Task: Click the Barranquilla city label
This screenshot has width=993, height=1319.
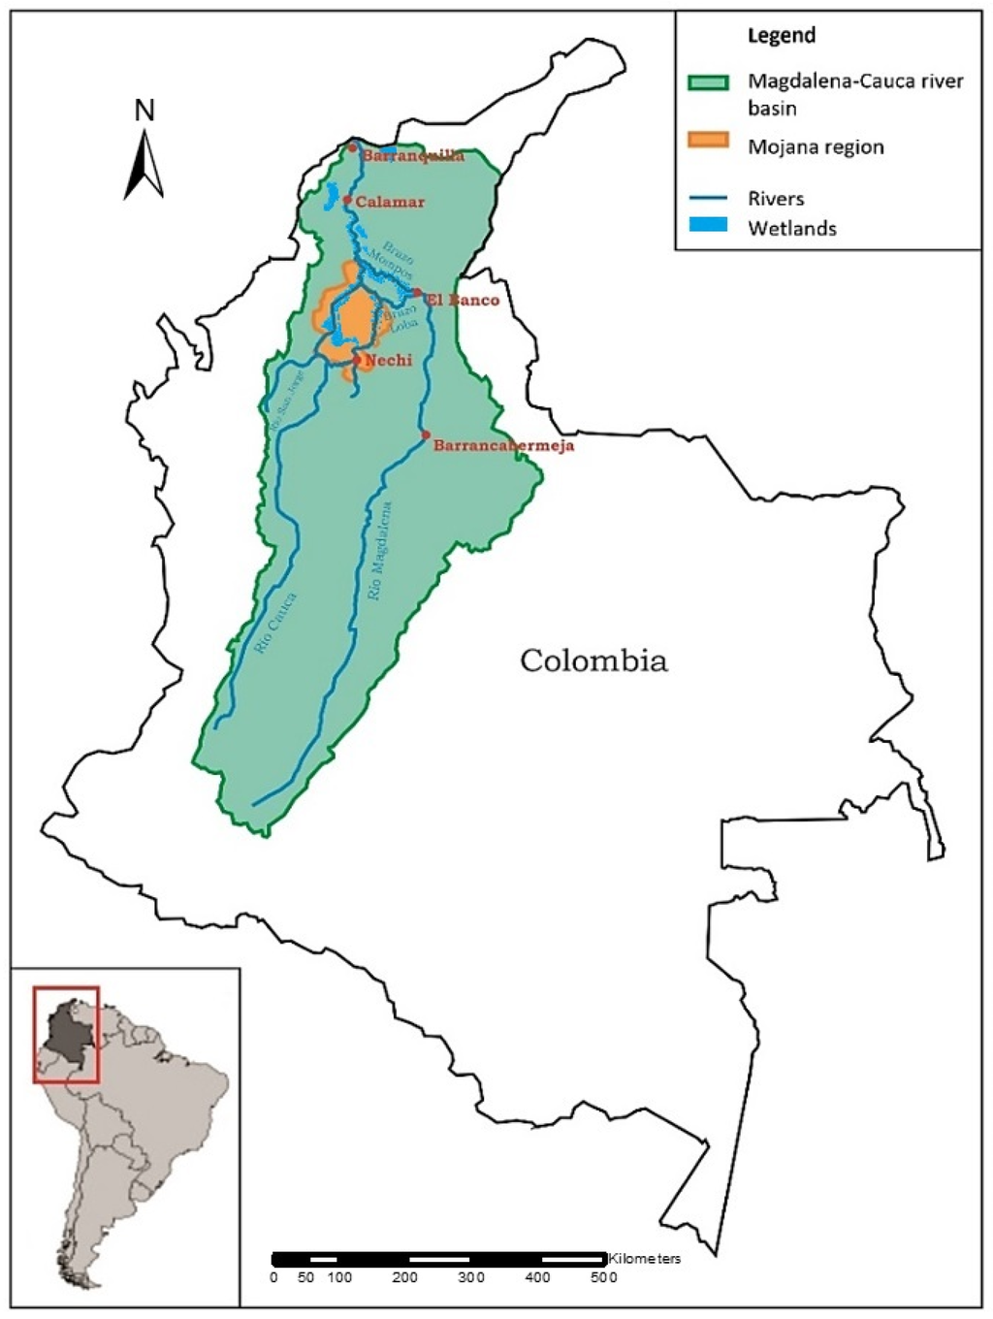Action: click(412, 155)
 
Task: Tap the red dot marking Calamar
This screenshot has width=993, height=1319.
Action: click(346, 199)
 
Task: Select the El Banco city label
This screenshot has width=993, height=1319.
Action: click(463, 300)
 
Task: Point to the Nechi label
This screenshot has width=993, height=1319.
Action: click(388, 360)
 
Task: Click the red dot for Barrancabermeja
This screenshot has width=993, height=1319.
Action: click(426, 434)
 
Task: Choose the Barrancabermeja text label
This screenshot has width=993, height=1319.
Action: click(503, 445)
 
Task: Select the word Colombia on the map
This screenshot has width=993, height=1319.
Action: click(593, 660)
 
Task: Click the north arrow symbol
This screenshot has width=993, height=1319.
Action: click(144, 165)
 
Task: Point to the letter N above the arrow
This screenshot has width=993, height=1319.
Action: click(144, 111)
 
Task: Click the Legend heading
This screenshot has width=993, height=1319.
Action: click(781, 36)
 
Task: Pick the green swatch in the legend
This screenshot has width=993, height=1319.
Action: click(708, 81)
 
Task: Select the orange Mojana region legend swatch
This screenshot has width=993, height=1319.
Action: click(708, 140)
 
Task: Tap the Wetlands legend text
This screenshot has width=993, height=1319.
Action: click(791, 229)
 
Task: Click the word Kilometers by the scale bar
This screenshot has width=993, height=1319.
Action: click(645, 1258)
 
